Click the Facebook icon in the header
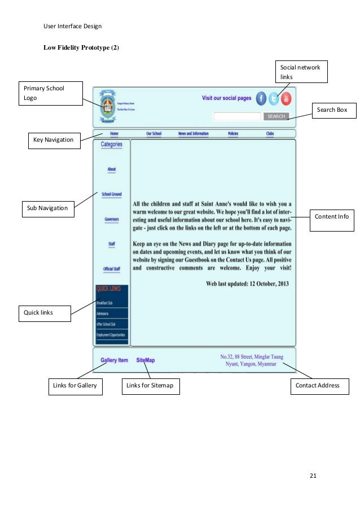click(261, 98)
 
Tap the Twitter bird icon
click(274, 98)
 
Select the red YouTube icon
click(286, 98)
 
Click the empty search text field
click(237, 116)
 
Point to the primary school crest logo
click(106, 106)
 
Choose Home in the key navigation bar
click(115, 134)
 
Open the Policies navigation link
click(233, 134)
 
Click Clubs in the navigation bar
click(270, 134)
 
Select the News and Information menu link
click(194, 134)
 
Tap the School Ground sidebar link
click(112, 194)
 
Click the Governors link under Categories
click(112, 219)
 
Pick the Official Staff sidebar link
click(112, 269)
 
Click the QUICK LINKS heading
click(109, 289)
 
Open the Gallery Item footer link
click(114, 360)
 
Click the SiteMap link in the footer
click(146, 360)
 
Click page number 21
click(313, 476)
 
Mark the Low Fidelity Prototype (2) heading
click(81, 47)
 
